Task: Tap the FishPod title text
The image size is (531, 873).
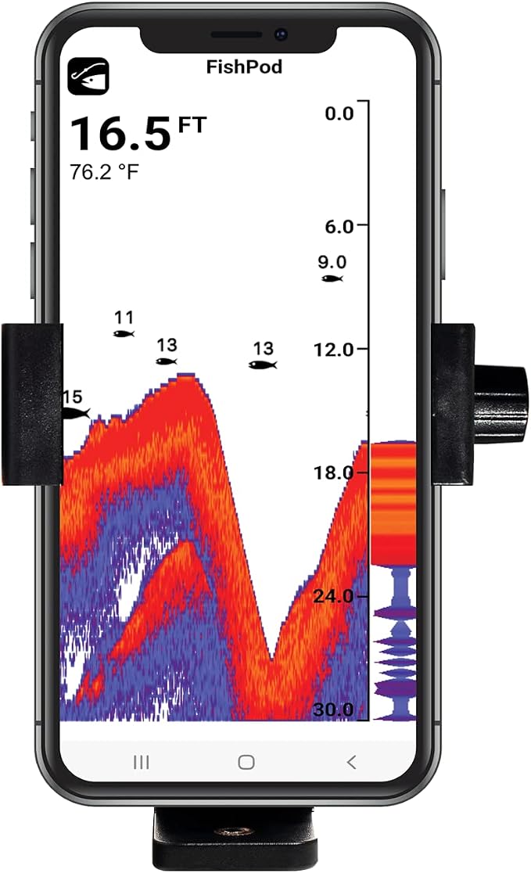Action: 244,66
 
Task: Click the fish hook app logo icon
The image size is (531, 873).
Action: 88,77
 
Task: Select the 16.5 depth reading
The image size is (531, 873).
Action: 120,135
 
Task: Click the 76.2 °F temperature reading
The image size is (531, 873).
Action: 104,171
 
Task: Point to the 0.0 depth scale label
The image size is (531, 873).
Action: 339,113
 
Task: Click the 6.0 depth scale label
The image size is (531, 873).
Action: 339,227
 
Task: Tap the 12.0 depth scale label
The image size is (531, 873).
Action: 333,350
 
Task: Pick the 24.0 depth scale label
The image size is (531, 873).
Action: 333,596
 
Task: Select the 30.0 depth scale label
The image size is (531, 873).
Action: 333,710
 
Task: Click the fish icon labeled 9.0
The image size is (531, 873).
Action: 332,278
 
